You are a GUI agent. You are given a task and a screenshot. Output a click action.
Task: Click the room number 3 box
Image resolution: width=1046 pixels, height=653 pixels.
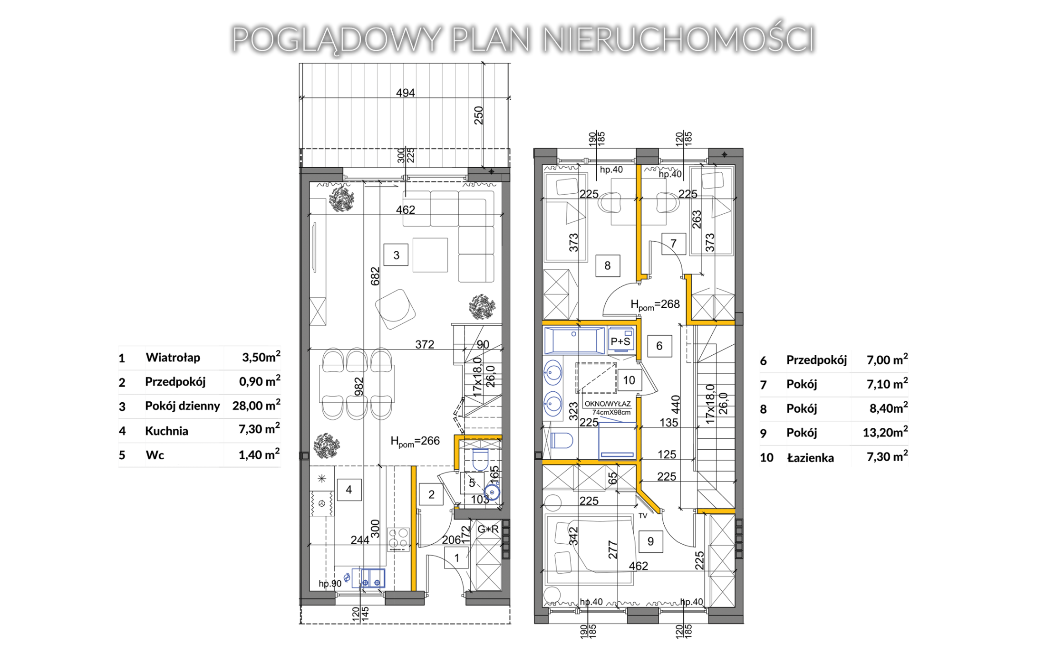(x=396, y=256)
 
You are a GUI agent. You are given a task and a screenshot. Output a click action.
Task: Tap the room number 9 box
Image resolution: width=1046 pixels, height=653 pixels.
(x=650, y=541)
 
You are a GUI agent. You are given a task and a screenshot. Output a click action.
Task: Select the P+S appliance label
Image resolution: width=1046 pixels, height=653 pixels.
(x=620, y=341)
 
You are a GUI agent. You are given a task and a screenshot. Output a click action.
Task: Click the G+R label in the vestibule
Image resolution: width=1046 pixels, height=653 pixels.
(x=488, y=529)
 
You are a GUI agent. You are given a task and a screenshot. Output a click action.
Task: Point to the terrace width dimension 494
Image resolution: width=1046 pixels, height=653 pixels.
(x=406, y=93)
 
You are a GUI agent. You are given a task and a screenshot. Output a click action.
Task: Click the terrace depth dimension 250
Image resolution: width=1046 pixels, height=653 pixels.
(x=479, y=115)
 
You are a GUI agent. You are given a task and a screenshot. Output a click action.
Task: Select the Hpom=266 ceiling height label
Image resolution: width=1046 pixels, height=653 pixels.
(x=415, y=442)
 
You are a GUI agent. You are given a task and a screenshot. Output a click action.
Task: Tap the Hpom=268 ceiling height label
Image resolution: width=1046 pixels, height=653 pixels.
(x=655, y=305)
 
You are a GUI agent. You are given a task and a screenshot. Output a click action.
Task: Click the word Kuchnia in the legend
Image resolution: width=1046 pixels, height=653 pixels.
(x=166, y=431)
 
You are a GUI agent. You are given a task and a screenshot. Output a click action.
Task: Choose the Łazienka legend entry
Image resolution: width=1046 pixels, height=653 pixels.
(x=810, y=458)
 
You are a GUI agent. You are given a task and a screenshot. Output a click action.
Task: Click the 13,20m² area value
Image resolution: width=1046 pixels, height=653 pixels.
(x=885, y=432)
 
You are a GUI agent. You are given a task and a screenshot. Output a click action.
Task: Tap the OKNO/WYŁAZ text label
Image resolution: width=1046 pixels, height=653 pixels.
(x=608, y=404)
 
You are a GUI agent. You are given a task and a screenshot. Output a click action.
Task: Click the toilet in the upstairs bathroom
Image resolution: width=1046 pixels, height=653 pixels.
(x=562, y=440)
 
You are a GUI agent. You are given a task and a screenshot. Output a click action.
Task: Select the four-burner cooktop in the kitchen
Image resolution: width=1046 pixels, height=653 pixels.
(x=398, y=539)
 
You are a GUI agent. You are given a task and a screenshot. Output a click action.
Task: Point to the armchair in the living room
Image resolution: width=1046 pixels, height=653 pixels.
(x=395, y=309)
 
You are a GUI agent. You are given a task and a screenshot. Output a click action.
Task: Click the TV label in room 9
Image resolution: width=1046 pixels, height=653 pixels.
(x=643, y=516)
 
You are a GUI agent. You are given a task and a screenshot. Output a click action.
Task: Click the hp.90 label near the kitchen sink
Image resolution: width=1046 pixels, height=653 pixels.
(x=330, y=584)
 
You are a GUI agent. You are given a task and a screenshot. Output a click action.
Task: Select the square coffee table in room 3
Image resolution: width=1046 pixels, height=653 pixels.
(x=430, y=255)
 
